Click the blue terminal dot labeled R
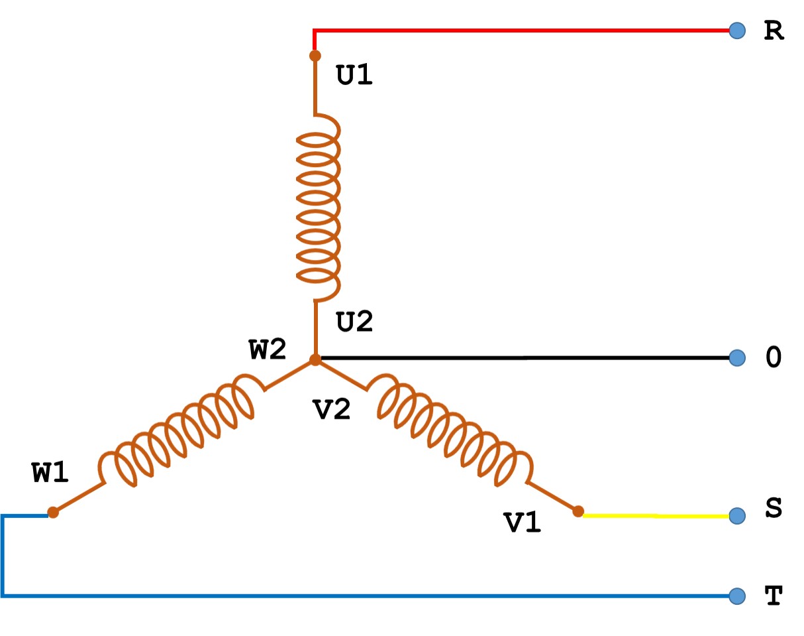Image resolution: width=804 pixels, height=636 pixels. [736, 31]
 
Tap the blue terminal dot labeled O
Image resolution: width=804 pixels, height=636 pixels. [736, 358]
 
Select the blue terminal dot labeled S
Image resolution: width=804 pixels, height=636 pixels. [736, 515]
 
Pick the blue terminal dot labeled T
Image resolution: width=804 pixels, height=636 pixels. [736, 596]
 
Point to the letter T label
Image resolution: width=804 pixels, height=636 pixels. [773, 596]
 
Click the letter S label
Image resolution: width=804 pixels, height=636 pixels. [773, 509]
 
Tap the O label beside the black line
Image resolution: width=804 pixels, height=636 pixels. [773, 358]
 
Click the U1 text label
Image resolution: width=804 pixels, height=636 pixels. [355, 76]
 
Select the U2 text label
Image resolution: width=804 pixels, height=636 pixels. [355, 322]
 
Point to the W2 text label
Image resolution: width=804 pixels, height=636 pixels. [268, 350]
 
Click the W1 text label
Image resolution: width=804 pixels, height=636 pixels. [50, 472]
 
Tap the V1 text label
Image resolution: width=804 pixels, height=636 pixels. [523, 523]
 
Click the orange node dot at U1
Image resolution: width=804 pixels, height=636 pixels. [315, 56]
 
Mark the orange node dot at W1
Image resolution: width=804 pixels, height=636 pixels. [53, 512]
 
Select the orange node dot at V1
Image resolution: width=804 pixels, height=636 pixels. [578, 511]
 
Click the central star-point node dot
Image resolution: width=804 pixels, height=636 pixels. [316, 359]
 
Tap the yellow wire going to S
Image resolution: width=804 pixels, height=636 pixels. [656, 515]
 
